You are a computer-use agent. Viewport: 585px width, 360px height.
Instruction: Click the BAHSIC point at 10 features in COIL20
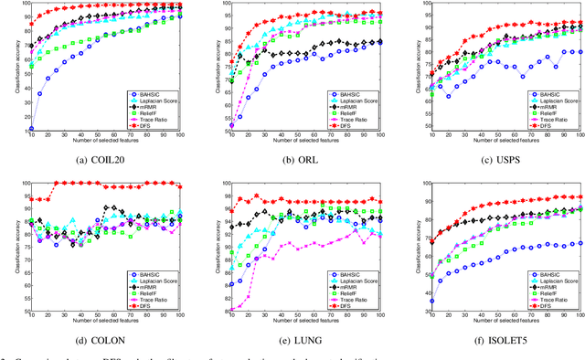click(x=31, y=129)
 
